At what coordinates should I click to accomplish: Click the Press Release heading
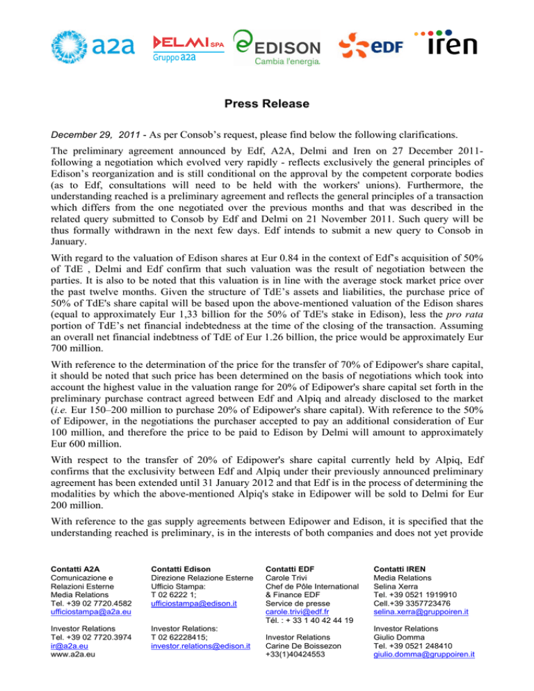coord(267,104)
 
